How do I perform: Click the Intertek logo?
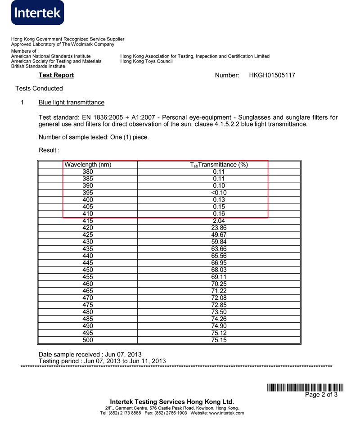(x=38, y=13)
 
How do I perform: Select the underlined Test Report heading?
(x=56, y=75)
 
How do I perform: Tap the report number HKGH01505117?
(x=272, y=75)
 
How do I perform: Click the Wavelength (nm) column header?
(x=88, y=165)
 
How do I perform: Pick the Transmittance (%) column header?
(x=219, y=165)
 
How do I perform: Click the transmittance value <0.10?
(x=219, y=193)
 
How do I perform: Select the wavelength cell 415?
(x=88, y=221)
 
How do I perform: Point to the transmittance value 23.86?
(x=219, y=228)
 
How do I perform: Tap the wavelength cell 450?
(x=88, y=270)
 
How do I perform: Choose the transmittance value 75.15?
(x=219, y=340)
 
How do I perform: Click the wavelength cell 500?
(x=88, y=340)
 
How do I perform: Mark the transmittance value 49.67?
(x=219, y=235)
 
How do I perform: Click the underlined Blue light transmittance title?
(x=72, y=103)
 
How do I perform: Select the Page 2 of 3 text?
(x=321, y=395)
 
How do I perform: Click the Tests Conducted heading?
(x=39, y=88)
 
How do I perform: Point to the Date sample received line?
(x=90, y=355)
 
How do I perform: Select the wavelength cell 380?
(x=88, y=171)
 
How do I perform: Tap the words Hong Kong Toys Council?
(x=146, y=61)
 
